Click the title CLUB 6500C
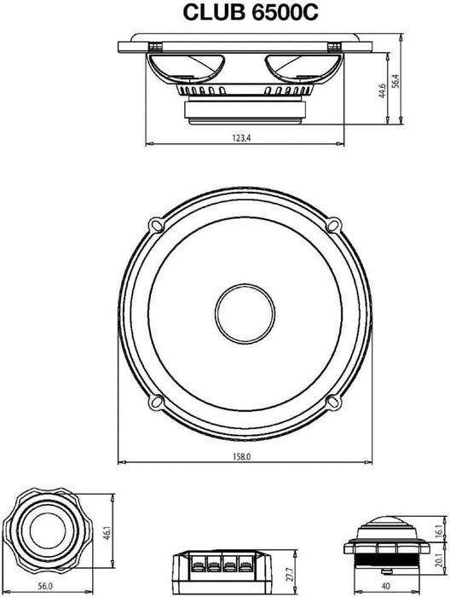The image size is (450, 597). coord(251,12)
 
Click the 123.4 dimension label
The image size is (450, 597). coord(241,138)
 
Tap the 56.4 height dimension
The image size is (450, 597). coord(395,82)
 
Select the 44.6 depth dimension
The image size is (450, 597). coord(382,91)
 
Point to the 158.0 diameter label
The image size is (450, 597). coord(242,456)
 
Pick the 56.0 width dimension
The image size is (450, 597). coord(45,587)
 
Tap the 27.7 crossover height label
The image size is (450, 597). coord(291,574)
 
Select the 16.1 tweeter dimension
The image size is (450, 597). coord(440,530)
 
